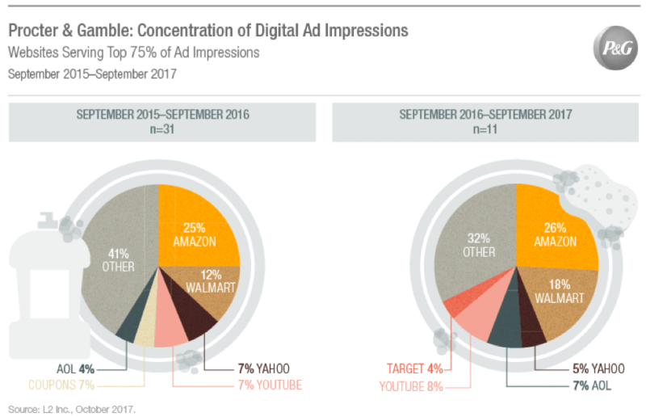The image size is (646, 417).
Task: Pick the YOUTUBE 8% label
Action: pyautogui.click(x=411, y=385)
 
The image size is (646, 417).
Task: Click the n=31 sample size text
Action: pyautogui.click(x=162, y=129)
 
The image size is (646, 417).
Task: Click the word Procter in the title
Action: pyautogui.click(x=33, y=31)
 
